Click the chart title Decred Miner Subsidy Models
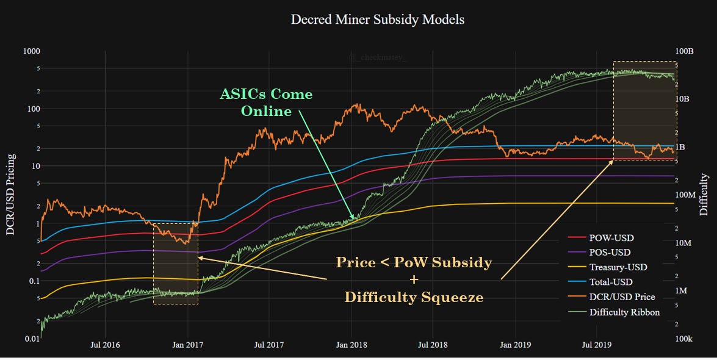pos(378,20)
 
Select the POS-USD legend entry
pos(610,253)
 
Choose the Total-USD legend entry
pos(612,282)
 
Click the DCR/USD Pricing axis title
pos(10,195)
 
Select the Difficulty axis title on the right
pos(704,195)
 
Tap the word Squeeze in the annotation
pos(450,297)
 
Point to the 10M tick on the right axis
pos(687,243)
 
